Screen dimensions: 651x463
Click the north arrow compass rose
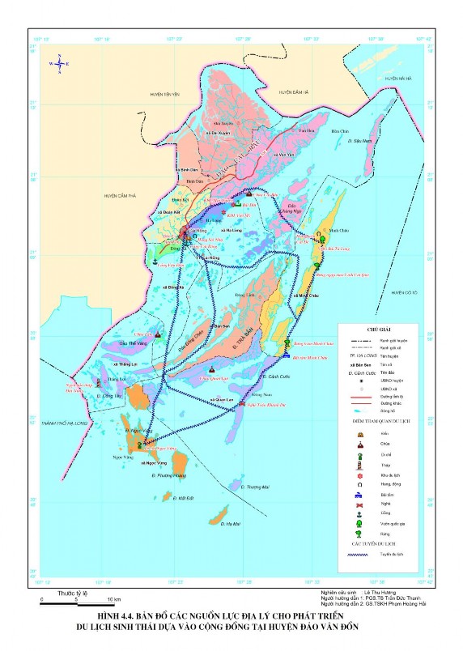click(x=59, y=63)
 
